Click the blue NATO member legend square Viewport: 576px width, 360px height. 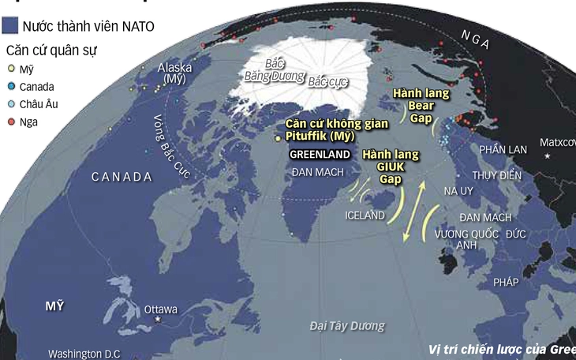pyautogui.click(x=9, y=26)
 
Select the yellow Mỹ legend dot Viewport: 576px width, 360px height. pyautogui.click(x=9, y=69)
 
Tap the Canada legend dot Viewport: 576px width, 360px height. pyautogui.click(x=9, y=86)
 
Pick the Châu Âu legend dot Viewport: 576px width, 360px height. pyautogui.click(x=9, y=104)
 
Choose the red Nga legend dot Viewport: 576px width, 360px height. pyautogui.click(x=9, y=122)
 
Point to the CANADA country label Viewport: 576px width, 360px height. pyautogui.click(x=122, y=177)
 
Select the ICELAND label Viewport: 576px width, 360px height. pyautogui.click(x=365, y=215)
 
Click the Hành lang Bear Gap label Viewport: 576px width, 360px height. pyautogui.click(x=421, y=106)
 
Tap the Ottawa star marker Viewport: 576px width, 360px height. pyautogui.click(x=158, y=318)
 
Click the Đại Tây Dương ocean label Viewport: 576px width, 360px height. pyautogui.click(x=348, y=325)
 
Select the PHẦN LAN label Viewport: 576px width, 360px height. pyautogui.click(x=503, y=149)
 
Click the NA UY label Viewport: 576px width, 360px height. pyautogui.click(x=459, y=192)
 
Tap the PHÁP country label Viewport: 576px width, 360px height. pyautogui.click(x=507, y=282)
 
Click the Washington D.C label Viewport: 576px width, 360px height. pyautogui.click(x=84, y=354)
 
